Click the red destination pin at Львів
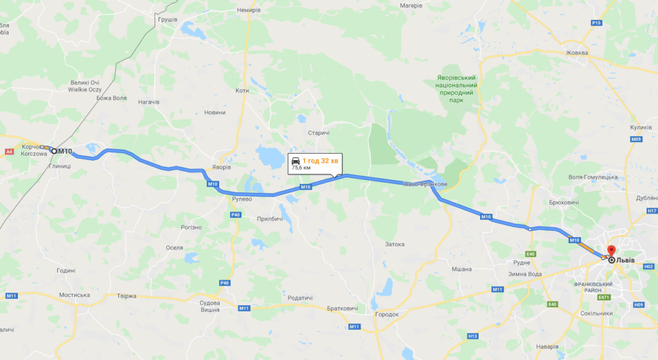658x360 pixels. (611, 250)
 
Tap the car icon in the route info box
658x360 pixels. (295, 160)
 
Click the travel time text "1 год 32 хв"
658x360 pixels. (319, 160)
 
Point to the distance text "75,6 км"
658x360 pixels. (301, 168)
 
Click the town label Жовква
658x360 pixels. (576, 53)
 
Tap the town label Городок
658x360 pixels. (387, 314)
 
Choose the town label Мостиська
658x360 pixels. (75, 295)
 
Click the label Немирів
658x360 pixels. (249, 10)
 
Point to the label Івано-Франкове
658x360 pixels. (425, 184)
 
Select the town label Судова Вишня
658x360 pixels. (210, 306)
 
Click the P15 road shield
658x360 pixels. (596, 23)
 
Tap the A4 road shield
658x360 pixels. (9, 152)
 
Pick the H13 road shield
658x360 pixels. (473, 336)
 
